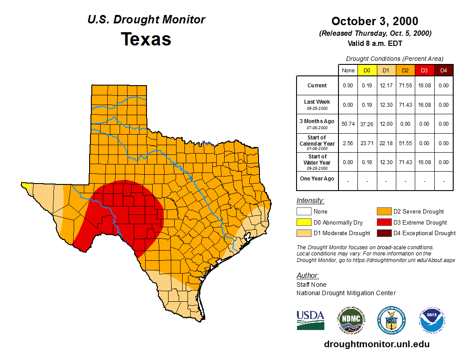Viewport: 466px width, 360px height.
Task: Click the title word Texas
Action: (x=146, y=39)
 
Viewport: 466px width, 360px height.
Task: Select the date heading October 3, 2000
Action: (x=375, y=21)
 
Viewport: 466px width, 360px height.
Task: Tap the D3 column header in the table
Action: (x=424, y=70)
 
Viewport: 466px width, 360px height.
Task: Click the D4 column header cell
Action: (x=443, y=70)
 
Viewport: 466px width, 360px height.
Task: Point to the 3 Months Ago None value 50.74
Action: (x=348, y=124)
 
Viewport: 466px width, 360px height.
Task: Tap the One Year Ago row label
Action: (x=317, y=179)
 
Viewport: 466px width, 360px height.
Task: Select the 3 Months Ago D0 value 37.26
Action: (x=367, y=124)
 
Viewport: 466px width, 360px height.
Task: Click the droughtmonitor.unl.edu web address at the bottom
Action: (x=376, y=344)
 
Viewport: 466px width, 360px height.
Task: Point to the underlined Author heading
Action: (x=308, y=276)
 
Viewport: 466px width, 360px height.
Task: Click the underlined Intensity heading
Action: (x=310, y=201)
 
